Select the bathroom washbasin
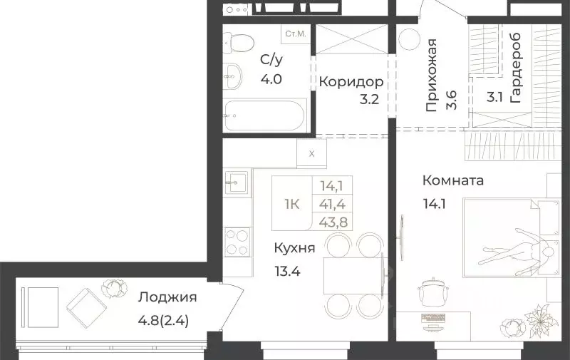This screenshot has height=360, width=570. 232,77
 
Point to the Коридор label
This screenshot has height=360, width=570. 346,81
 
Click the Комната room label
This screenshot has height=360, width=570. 452,180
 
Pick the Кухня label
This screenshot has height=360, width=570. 294,248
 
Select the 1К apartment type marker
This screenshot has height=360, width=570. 292,203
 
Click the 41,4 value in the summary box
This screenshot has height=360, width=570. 334,203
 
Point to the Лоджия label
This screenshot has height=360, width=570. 167,297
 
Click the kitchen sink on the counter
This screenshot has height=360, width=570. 237,182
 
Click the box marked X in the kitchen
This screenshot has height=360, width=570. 311,153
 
